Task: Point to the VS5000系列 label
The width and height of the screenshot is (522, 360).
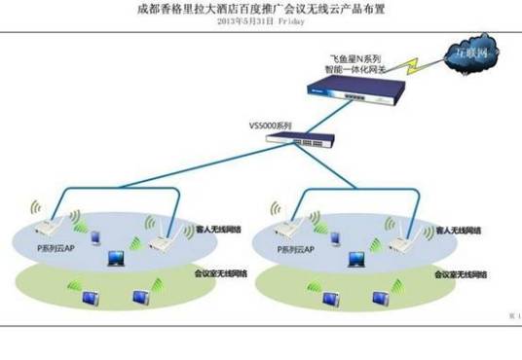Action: (x=271, y=126)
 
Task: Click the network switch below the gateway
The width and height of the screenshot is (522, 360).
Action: (x=298, y=142)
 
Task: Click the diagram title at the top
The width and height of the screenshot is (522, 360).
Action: (x=260, y=7)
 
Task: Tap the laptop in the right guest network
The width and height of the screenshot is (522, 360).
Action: (x=358, y=259)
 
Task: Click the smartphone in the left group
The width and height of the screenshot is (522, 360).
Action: (x=95, y=236)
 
